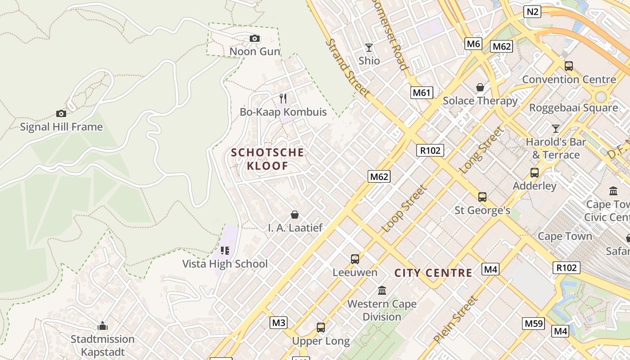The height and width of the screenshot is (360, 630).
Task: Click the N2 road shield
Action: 532,12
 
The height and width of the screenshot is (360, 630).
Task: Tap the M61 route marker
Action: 422,93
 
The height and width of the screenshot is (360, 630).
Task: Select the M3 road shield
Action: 279,323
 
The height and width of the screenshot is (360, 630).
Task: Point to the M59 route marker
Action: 534,323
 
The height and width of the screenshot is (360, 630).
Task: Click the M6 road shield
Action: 473,44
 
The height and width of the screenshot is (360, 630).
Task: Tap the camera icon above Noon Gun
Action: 255,39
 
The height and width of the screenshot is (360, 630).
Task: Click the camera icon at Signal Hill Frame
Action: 61,114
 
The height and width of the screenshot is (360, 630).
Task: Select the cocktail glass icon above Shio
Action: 369,48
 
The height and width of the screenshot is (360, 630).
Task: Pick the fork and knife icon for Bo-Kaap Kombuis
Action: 283,98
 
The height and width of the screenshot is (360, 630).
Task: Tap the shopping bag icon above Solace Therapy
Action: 480,87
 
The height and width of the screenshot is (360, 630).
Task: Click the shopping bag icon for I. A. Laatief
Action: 295,215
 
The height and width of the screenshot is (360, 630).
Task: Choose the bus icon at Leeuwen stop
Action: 355,259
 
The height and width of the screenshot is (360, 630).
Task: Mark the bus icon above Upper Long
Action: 321,328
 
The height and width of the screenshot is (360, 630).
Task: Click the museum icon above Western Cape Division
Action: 382,290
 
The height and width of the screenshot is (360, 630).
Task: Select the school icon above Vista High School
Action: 225,251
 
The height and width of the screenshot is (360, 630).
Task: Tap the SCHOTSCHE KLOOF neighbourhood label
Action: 268,159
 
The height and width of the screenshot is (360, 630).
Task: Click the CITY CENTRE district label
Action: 433,273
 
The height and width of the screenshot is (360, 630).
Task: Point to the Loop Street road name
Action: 404,209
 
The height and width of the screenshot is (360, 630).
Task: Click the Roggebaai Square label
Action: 573,108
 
